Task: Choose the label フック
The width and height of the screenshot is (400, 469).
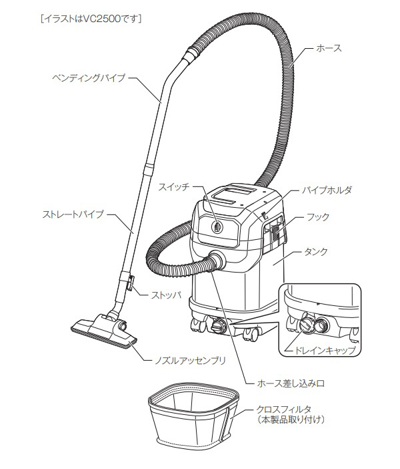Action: (x=317, y=217)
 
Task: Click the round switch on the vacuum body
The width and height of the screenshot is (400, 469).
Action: (x=217, y=226)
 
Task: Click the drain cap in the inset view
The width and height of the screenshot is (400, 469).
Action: (x=306, y=325)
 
